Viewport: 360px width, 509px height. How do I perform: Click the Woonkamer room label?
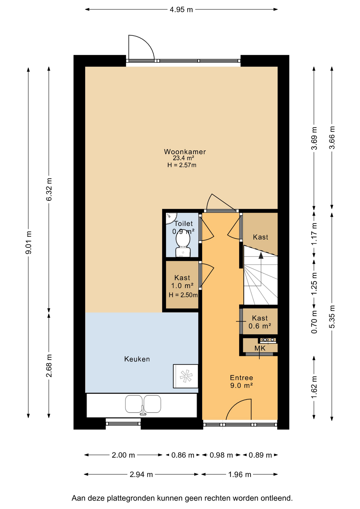pyautogui.click(x=185, y=152)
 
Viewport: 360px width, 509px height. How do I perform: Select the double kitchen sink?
pyautogui.click(x=143, y=404)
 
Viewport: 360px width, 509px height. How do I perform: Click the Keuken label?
pyautogui.click(x=137, y=359)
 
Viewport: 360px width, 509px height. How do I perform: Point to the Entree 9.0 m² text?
pyautogui.click(x=242, y=381)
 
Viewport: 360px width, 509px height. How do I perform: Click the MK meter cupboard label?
pyautogui.click(x=260, y=348)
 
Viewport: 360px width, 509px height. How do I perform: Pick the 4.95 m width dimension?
pyautogui.click(x=181, y=10)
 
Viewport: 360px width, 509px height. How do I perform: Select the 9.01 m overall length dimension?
pyautogui.click(x=28, y=243)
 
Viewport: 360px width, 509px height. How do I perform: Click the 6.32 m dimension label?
pyautogui.click(x=49, y=189)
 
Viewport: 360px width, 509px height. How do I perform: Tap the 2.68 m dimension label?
pyautogui.click(x=49, y=366)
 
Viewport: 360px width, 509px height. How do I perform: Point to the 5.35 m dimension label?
pyautogui.click(x=332, y=317)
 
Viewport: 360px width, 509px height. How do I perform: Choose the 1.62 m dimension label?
pyautogui.click(x=314, y=387)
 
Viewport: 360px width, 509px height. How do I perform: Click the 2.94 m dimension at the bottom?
pyautogui.click(x=141, y=474)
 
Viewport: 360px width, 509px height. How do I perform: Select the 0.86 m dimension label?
pyautogui.click(x=183, y=455)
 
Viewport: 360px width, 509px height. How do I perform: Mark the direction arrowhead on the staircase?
pyautogui.click(x=261, y=255)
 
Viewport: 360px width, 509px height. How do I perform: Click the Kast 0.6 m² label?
pyautogui.click(x=260, y=322)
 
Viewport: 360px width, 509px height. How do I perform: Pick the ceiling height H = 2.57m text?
pyautogui.click(x=182, y=165)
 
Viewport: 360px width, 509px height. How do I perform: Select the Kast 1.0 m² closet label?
pyautogui.click(x=182, y=282)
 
